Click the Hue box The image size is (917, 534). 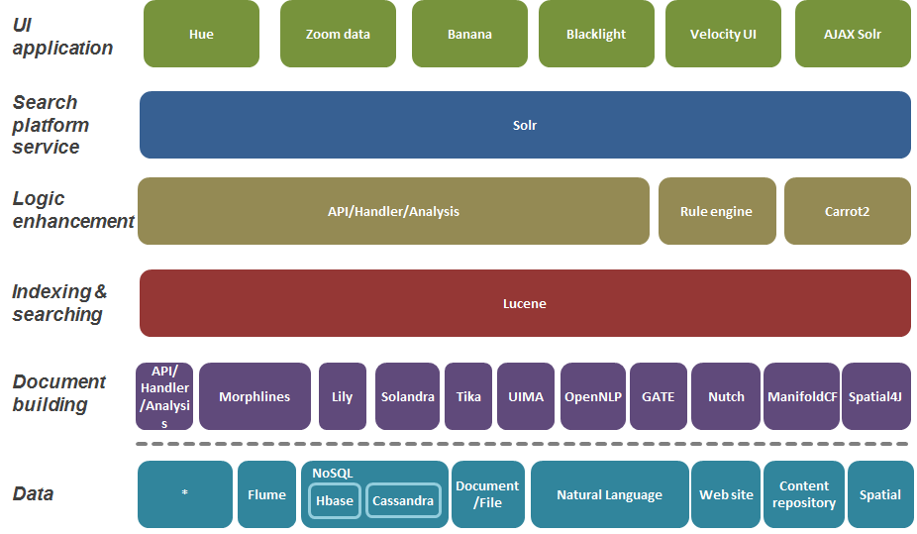point(201,34)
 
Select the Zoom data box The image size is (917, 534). point(338,34)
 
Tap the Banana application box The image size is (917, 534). point(469,34)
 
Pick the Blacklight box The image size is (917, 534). point(596,34)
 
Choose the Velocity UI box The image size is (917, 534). point(723,34)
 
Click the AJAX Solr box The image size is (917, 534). point(853,34)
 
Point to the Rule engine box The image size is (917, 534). point(716,211)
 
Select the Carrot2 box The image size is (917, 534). point(847,211)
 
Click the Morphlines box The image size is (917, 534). point(255,396)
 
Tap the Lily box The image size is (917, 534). point(342,396)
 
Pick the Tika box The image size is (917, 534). point(468,396)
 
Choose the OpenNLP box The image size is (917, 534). point(592,396)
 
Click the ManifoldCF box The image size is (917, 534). point(800,396)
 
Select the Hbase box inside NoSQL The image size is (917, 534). point(334,500)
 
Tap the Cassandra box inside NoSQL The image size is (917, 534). point(403,500)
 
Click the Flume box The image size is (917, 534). point(266,494)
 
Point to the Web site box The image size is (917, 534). point(726,494)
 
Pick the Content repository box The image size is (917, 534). point(804,494)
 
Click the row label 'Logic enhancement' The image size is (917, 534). point(71,210)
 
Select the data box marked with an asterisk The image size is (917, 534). point(185,494)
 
